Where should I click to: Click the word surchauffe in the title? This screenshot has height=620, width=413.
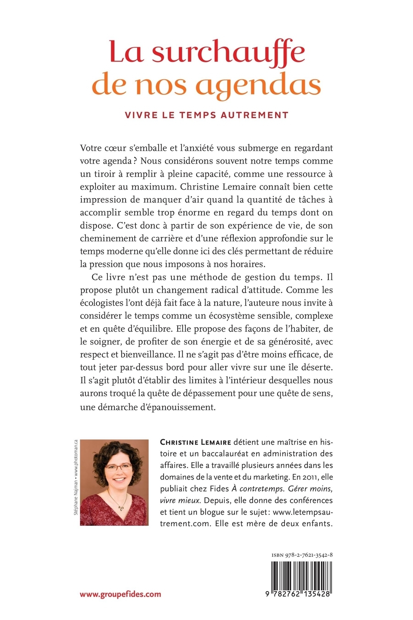(228, 53)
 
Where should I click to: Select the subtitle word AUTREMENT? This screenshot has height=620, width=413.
(254, 115)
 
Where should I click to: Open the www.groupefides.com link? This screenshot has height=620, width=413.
(120, 594)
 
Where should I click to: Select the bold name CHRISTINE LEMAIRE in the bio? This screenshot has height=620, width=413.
(197, 442)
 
